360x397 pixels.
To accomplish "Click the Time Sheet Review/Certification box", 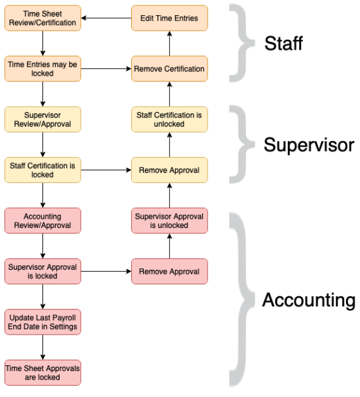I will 42,18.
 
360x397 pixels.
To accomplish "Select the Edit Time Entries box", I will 169,18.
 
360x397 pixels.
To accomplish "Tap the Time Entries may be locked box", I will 42,68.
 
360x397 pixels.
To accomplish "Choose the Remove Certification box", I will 169,68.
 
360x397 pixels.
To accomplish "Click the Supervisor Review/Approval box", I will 42,119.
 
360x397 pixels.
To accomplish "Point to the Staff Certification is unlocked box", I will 169,119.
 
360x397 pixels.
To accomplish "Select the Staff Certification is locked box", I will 42,170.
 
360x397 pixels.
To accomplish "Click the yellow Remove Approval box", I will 169,170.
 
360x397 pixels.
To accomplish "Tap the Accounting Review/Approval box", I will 42,221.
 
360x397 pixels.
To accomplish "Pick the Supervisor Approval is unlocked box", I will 169,221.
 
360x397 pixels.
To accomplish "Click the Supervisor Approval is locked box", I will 42,271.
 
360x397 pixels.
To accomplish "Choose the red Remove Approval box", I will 169,271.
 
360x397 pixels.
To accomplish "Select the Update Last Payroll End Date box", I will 42,321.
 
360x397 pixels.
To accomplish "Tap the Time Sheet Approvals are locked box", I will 42,372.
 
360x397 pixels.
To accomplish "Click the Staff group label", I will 284,44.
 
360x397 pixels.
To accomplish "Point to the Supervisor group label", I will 308,145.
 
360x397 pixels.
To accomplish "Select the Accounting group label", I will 308,300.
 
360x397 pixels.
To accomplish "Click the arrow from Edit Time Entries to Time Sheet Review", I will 106,18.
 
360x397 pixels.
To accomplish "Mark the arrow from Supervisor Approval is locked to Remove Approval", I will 106,271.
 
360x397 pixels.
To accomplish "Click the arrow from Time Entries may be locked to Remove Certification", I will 106,68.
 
